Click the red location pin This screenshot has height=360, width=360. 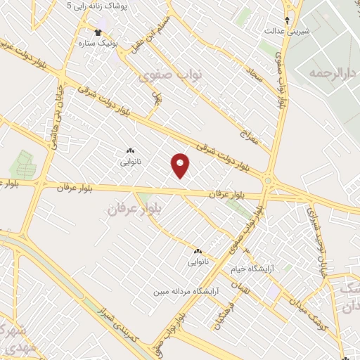coord(180,165)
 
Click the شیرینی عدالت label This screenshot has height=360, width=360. coord(287,31)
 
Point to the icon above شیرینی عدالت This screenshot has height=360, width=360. coord(287,20)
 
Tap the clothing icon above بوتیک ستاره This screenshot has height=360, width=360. coord(98,32)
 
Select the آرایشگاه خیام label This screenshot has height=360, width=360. coord(254,269)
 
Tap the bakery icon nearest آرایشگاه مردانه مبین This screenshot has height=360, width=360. coord(198,251)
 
